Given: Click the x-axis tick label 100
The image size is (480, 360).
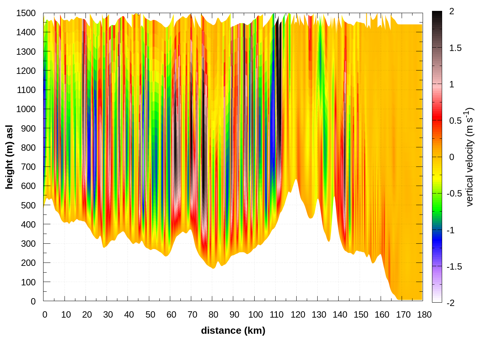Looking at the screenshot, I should pyautogui.click(x=255, y=315).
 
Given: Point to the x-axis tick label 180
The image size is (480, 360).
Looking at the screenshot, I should pyautogui.click(x=424, y=315).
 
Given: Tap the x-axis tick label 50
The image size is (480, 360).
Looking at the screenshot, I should pyautogui.click(x=150, y=315).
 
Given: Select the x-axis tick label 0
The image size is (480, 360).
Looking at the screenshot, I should pyautogui.click(x=45, y=315).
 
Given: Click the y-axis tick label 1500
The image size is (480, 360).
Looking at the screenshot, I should pyautogui.click(x=26, y=13).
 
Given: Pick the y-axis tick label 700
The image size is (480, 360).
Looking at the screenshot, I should pyautogui.click(x=28, y=167).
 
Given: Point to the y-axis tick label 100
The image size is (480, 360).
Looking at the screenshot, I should pyautogui.click(x=28, y=282).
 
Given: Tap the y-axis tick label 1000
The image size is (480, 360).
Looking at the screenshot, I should pyautogui.click(x=26, y=109).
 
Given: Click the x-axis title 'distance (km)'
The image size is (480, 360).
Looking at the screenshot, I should pyautogui.click(x=233, y=330).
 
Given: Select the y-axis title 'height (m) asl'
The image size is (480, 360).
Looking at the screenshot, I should pyautogui.click(x=9, y=157).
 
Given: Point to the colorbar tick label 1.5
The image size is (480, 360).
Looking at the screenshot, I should pyautogui.click(x=455, y=48).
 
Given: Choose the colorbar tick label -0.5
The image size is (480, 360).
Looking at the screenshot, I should pyautogui.click(x=454, y=193).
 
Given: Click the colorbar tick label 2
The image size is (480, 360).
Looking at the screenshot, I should pyautogui.click(x=451, y=12).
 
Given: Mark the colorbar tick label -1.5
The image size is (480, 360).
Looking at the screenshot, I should pyautogui.click(x=454, y=267).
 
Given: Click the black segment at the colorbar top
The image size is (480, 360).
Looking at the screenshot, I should pyautogui.click(x=437, y=17).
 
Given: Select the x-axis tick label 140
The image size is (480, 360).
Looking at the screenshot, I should pyautogui.click(x=340, y=315).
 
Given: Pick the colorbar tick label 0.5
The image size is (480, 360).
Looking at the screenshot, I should pyautogui.click(x=455, y=121).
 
